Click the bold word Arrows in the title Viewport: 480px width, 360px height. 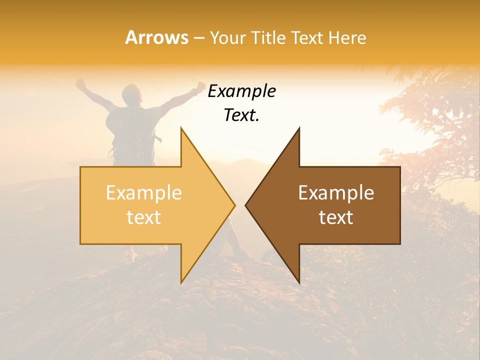pyautogui.click(x=157, y=37)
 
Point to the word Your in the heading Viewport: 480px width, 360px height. pyautogui.click(x=226, y=38)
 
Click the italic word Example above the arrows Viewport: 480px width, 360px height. pyautogui.click(x=242, y=91)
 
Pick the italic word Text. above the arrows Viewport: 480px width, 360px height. pyautogui.click(x=242, y=115)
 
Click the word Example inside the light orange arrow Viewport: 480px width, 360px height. pyautogui.click(x=144, y=193)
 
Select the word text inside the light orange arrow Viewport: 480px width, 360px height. pyautogui.click(x=144, y=217)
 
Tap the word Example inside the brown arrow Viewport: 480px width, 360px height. pyautogui.click(x=336, y=193)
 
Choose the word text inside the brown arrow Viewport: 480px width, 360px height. pyautogui.click(x=336, y=217)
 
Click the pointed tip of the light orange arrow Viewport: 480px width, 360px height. pyautogui.click(x=234, y=205)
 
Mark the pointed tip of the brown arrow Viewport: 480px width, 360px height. pyautogui.click(x=245, y=205)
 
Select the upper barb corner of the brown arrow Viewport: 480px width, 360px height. pyautogui.click(x=299, y=128)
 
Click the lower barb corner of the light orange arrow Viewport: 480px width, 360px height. pyautogui.click(x=181, y=282)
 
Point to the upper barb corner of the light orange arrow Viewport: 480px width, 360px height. pyautogui.click(x=181, y=128)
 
